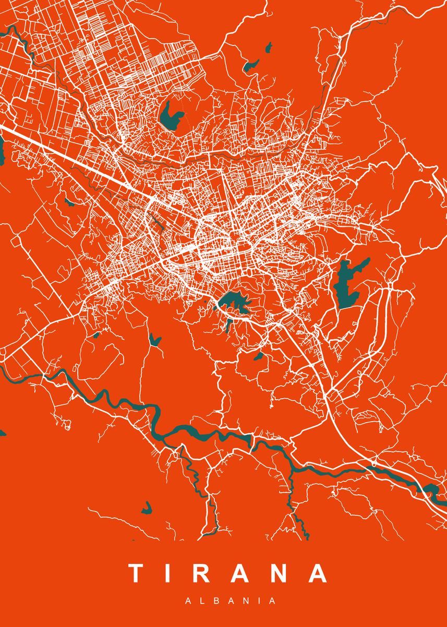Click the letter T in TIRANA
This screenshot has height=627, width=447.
(137, 573)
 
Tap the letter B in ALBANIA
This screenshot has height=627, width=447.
(214, 601)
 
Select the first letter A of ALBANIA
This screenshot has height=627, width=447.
(188, 601)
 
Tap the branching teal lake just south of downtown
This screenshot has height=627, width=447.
(233, 302)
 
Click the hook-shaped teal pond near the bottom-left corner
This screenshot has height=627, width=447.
(148, 508)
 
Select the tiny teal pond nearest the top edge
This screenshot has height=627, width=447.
(269, 48)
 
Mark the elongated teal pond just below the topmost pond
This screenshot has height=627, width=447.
(251, 66)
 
